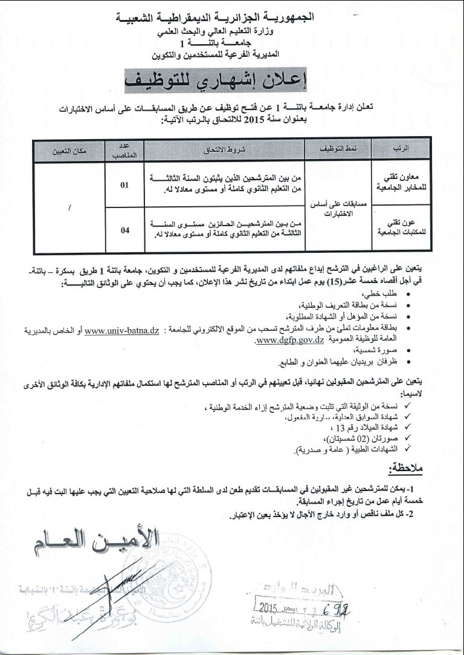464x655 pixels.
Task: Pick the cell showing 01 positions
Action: tap(124, 185)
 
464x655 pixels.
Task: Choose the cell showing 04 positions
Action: tap(124, 229)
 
